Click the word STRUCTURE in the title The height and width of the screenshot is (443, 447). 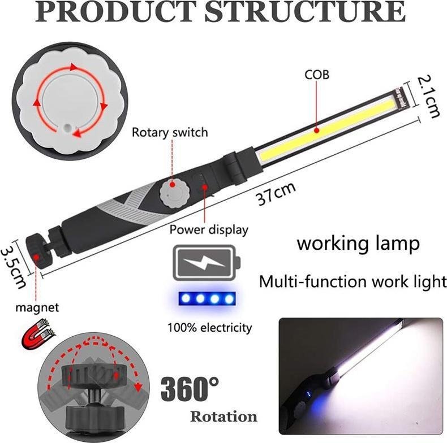pyautogui.click(x=304, y=11)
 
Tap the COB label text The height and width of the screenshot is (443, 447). pyautogui.click(x=317, y=75)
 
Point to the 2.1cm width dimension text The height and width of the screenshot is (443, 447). pyautogui.click(x=428, y=96)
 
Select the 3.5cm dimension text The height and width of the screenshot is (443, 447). pyautogui.click(x=14, y=267)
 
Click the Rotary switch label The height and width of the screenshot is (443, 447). pyautogui.click(x=170, y=133)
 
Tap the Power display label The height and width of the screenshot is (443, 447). pyautogui.click(x=209, y=229)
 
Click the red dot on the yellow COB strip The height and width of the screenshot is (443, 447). pyautogui.click(x=316, y=131)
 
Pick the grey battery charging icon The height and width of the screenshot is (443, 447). pyautogui.click(x=207, y=263)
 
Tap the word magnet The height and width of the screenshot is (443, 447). pyautogui.click(x=37, y=308)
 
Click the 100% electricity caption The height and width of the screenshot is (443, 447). pyautogui.click(x=209, y=328)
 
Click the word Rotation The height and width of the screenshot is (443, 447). pyautogui.click(x=224, y=416)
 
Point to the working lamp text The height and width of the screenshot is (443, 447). pyautogui.click(x=358, y=244)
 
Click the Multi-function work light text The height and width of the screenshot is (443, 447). pyautogui.click(x=353, y=281)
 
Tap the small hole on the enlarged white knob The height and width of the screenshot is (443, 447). pyautogui.click(x=67, y=128)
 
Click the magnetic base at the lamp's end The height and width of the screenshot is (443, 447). pyautogui.click(x=36, y=251)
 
